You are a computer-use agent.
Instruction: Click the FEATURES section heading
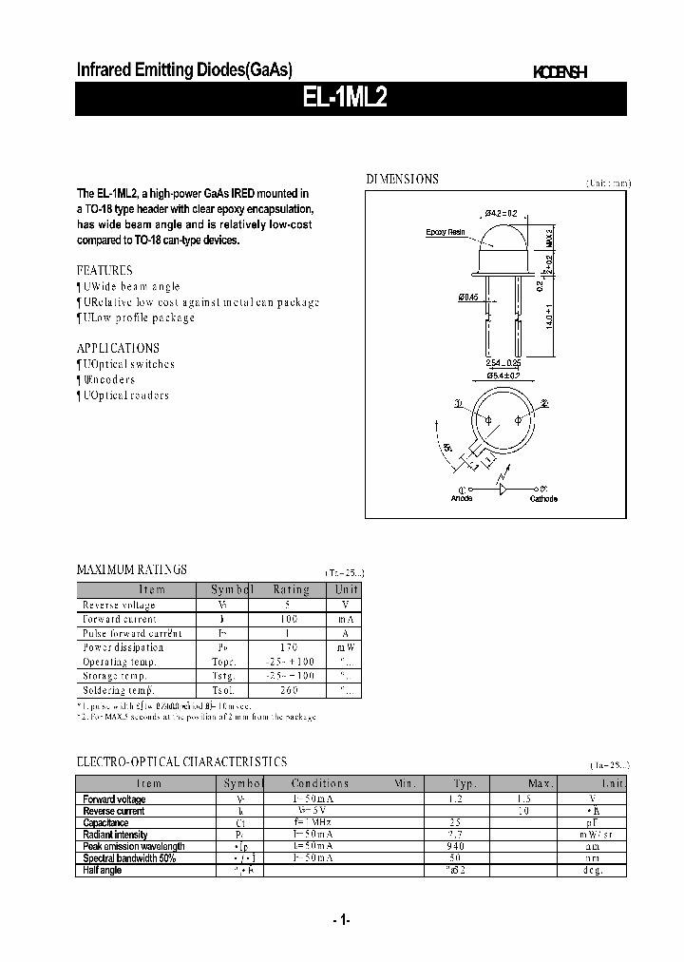point(104,270)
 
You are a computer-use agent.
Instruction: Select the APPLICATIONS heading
point(118,348)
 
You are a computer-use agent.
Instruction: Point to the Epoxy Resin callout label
point(444,232)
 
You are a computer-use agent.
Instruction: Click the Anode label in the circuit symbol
point(462,499)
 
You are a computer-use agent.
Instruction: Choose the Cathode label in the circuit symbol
point(543,499)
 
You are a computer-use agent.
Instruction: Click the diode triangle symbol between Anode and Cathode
point(503,487)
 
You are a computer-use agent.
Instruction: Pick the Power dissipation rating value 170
point(291,647)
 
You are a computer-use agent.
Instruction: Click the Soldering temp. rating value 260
point(291,689)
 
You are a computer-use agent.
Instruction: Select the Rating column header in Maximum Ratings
point(291,589)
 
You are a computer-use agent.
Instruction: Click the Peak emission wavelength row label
point(134,846)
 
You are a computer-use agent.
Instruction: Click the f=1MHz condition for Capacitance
point(319,823)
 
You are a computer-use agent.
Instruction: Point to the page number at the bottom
point(342,919)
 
